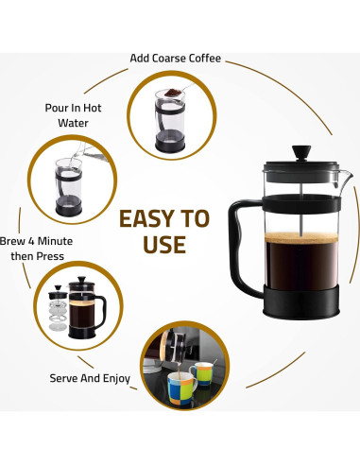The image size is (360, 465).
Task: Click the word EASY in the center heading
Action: click(146, 218)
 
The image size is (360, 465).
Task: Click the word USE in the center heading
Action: click(164, 245)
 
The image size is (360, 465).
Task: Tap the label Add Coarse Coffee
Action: click(175, 59)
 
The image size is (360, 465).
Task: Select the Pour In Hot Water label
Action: click(73, 115)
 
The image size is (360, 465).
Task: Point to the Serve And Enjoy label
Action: click(90, 378)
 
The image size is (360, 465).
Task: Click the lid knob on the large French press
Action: click(301, 153)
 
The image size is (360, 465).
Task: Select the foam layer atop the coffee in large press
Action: click(301, 238)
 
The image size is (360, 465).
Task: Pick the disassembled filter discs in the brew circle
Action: click(58, 316)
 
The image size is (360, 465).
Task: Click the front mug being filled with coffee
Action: click(181, 388)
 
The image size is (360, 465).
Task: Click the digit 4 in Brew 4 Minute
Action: click(30, 241)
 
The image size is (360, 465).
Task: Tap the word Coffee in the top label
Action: click(205, 59)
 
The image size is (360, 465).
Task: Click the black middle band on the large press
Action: click(301, 203)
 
